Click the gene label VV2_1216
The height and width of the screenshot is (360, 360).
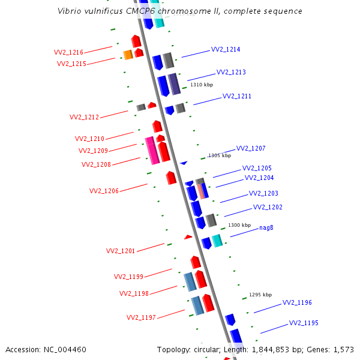coord(69,52)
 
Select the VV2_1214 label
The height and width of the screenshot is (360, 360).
coord(226,50)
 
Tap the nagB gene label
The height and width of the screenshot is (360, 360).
coord(266,228)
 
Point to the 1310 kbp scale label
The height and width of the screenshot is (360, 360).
coord(202,85)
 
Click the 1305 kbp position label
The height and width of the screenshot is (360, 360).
coord(219,155)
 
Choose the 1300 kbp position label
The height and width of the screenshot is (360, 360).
coord(239,225)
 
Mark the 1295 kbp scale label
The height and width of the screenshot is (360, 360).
coord(260,295)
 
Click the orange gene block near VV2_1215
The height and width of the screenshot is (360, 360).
coord(128,55)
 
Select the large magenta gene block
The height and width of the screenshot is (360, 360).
coord(152,151)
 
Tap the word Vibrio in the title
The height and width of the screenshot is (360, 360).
coord(70,11)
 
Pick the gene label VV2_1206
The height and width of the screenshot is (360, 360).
coord(104,191)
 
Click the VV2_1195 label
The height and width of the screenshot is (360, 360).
coord(304,323)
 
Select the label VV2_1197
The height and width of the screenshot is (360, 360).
coord(141,317)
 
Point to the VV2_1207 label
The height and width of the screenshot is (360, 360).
coord(251,148)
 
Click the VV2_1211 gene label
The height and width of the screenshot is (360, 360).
coord(237,96)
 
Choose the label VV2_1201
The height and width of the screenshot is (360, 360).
coord(121,251)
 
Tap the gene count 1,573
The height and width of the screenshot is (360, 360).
coord(343,349)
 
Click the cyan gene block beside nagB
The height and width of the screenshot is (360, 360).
coord(217,241)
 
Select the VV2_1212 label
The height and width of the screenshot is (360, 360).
coord(84,117)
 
